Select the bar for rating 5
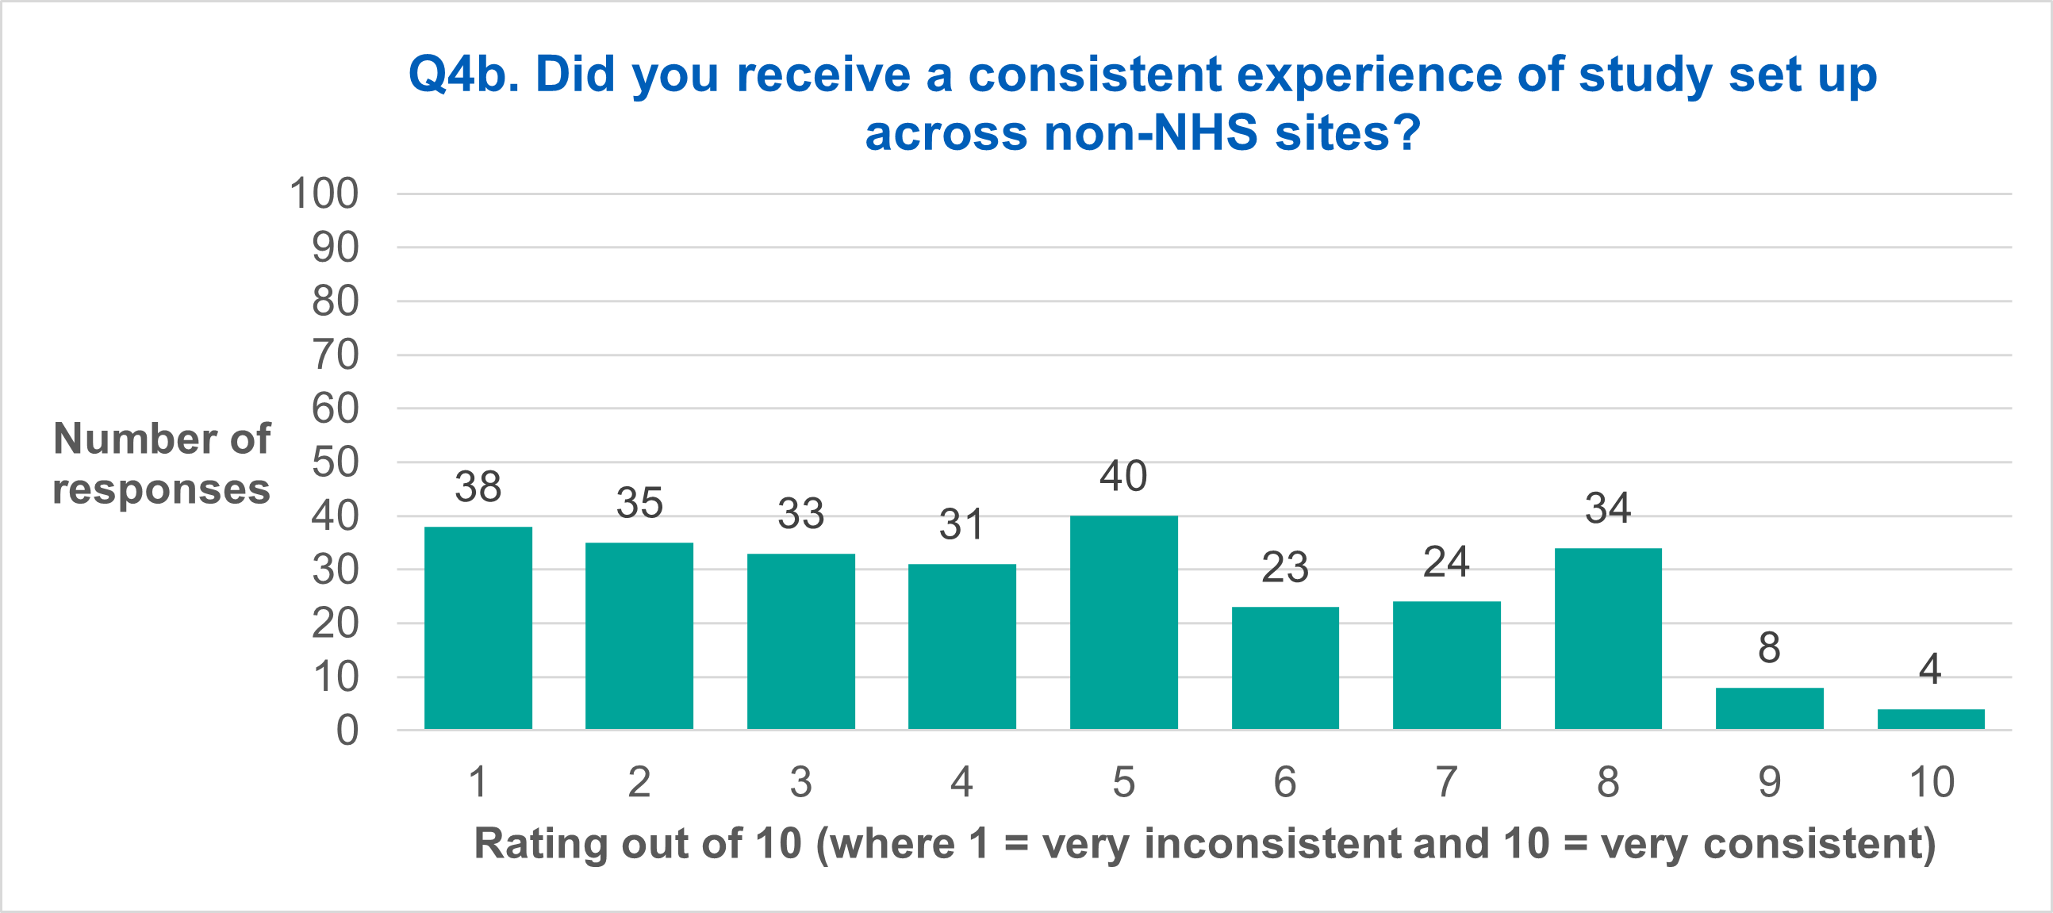[x=1124, y=622]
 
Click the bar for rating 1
[x=478, y=627]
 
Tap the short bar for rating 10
[x=1931, y=719]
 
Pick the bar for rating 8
[x=1608, y=638]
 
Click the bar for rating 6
[x=1286, y=668]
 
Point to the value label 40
[x=1124, y=477]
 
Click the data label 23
[x=1285, y=568]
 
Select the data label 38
[x=478, y=487]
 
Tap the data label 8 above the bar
[x=1769, y=648]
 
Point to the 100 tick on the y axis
[x=324, y=194]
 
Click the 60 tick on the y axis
[x=336, y=409]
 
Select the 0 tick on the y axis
[x=347, y=731]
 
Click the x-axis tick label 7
[x=1446, y=781]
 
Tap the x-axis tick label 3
[x=801, y=781]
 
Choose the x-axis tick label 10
[x=1931, y=781]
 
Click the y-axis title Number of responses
[x=162, y=464]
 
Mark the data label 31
[x=961, y=525]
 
